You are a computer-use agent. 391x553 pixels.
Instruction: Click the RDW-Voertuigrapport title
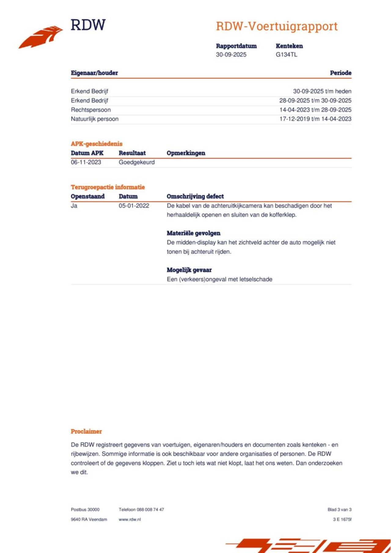click(276, 27)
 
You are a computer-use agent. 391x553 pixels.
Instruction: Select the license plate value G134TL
click(286, 55)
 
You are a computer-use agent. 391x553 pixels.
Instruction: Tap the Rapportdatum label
click(236, 46)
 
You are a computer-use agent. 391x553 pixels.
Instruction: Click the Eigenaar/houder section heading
click(94, 73)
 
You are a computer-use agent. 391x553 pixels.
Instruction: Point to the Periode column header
click(340, 73)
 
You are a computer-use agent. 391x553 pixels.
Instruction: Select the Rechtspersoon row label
click(91, 110)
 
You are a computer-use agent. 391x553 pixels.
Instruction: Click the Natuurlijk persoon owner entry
click(94, 119)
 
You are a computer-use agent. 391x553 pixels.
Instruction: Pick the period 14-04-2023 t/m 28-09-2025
click(315, 110)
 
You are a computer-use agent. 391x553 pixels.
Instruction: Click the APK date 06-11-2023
click(86, 162)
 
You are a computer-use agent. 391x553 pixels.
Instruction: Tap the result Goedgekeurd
click(137, 162)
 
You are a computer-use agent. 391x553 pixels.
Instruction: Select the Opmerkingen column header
click(186, 153)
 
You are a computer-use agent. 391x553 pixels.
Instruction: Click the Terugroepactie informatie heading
click(108, 187)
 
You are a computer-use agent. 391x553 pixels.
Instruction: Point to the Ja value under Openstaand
click(74, 206)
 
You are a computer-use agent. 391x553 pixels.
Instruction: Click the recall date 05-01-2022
click(134, 206)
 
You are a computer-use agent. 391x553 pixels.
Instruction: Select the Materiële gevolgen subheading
click(193, 233)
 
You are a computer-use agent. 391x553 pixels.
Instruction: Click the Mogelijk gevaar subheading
click(189, 270)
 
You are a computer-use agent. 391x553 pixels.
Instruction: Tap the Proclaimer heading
click(86, 432)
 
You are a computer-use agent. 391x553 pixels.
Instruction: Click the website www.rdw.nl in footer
click(130, 519)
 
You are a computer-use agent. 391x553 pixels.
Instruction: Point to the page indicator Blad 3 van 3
click(339, 510)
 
